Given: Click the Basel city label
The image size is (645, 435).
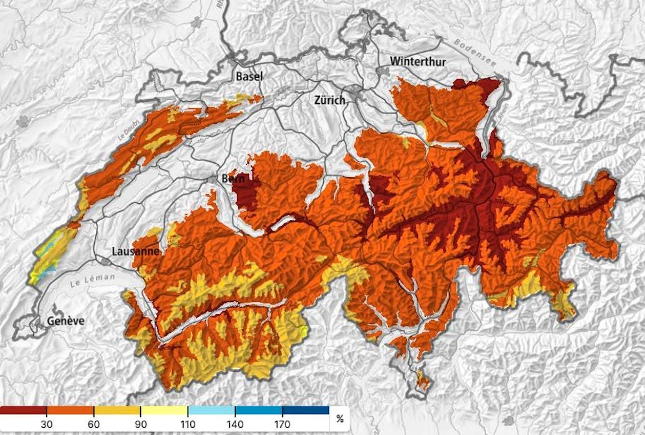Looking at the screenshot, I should [x=249, y=77].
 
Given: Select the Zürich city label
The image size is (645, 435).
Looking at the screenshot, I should [x=329, y=101].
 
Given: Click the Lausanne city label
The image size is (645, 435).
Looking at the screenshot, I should [x=134, y=251].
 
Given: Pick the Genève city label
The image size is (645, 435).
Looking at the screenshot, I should [x=64, y=321].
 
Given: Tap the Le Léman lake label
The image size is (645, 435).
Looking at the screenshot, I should [x=91, y=282].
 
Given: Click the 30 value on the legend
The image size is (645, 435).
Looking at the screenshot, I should [x=46, y=424].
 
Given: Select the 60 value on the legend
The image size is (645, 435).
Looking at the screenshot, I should [x=93, y=424].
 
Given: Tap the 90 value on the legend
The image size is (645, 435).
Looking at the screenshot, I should [x=141, y=424].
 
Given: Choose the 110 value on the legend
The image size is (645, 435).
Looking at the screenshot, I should [x=188, y=424].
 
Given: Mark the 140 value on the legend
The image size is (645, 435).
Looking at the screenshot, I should [x=235, y=424].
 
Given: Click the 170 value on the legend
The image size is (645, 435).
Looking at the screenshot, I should [x=282, y=424].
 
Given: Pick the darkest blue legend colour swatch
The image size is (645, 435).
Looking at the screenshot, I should [x=306, y=411].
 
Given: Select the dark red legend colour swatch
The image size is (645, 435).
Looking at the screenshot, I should [x=23, y=411].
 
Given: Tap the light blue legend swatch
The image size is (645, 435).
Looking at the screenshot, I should [x=212, y=411].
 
